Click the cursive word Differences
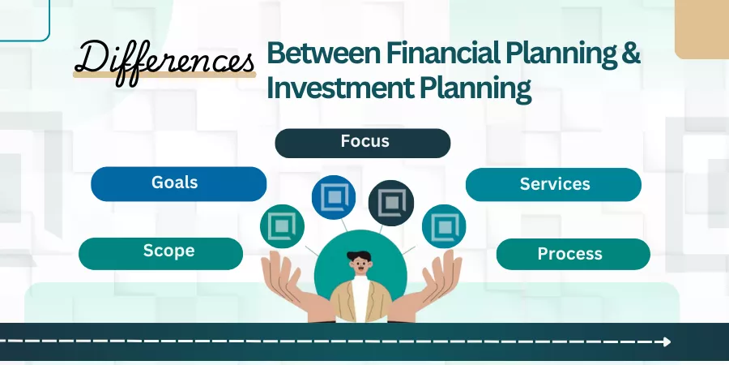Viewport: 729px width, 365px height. click(x=164, y=62)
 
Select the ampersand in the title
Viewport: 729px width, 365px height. click(x=631, y=53)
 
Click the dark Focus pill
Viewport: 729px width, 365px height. click(x=363, y=143)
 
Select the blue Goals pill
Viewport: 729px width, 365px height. click(x=178, y=184)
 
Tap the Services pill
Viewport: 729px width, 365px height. click(x=553, y=184)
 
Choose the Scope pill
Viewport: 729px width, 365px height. click(x=161, y=254)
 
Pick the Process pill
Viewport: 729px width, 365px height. click(x=573, y=254)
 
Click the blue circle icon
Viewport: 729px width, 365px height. click(x=334, y=197)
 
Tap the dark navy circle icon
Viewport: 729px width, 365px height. click(x=391, y=203)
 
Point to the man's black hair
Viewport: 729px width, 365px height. click(x=360, y=256)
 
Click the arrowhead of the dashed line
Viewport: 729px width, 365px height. click(x=667, y=341)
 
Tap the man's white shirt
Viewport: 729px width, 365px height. click(x=360, y=298)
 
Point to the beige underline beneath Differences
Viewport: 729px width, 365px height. click(x=164, y=75)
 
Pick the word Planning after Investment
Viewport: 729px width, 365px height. click(x=475, y=88)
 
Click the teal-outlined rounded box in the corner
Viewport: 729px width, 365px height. click(x=49, y=20)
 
